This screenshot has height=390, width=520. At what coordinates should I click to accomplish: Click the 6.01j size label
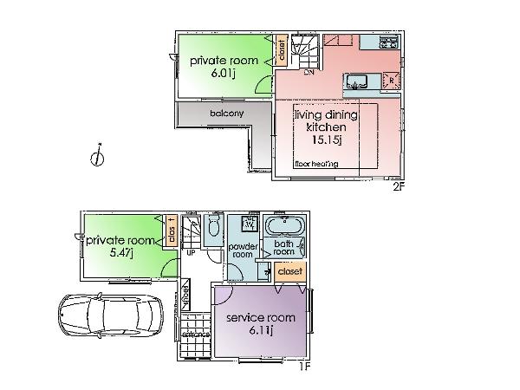[x=224, y=75]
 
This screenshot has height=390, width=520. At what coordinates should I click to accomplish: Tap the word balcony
[x=225, y=114]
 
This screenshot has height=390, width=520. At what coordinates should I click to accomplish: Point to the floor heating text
[x=316, y=164]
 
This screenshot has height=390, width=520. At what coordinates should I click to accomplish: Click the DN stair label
[x=309, y=73]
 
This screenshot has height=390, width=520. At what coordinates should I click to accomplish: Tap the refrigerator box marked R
[x=392, y=79]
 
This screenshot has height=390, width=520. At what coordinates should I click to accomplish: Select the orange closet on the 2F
[x=283, y=52]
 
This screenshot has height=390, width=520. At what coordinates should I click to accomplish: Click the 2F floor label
[x=399, y=185]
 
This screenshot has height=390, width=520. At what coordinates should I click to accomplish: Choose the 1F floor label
[x=304, y=366]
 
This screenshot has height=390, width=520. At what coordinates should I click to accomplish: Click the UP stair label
[x=190, y=254]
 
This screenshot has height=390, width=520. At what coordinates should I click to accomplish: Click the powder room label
[x=240, y=250]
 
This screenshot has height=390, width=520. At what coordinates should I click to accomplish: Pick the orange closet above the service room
[x=290, y=271]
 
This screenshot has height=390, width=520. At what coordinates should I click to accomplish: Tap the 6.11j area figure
[x=261, y=330]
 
